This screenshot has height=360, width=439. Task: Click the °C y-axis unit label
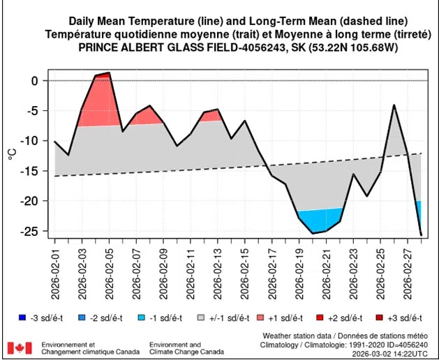(x=12, y=153)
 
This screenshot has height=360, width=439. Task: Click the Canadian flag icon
(x=19, y=347)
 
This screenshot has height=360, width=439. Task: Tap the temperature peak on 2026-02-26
(x=394, y=105)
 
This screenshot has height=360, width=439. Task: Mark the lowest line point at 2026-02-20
(x=313, y=233)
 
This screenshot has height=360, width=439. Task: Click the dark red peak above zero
(x=105, y=74)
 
